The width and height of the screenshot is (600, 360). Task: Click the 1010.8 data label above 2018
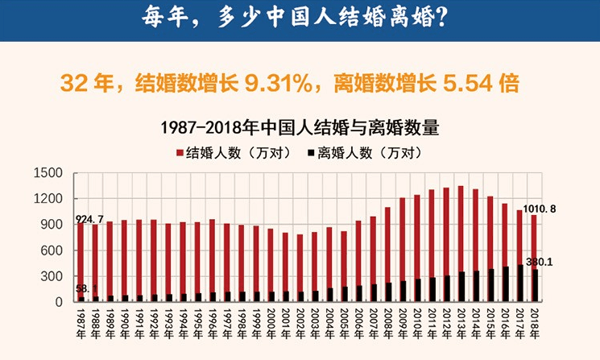(x=539, y=209)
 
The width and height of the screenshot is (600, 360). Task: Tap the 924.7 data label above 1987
(x=89, y=219)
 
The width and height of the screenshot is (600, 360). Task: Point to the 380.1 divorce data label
(x=540, y=263)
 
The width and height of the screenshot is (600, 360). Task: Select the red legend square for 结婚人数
(x=180, y=151)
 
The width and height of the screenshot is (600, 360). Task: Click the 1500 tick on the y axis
(x=49, y=173)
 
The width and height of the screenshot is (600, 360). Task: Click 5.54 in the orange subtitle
(x=467, y=83)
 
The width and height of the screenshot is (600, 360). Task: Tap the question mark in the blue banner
(x=439, y=18)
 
